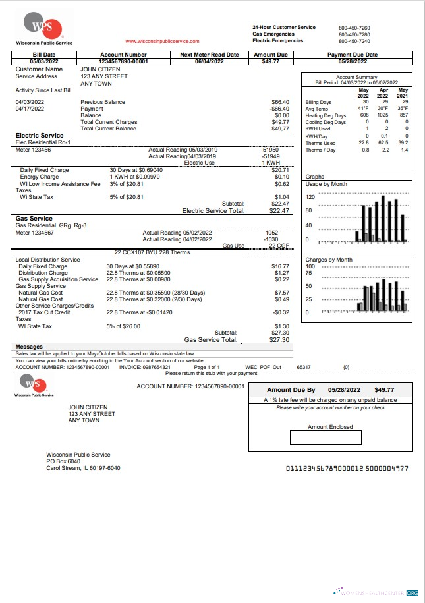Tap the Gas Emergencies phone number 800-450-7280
pyautogui.click(x=354, y=34)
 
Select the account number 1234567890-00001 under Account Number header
pyautogui.click(x=123, y=61)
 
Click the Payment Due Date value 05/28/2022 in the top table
pyautogui.click(x=353, y=61)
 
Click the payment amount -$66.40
pyautogui.click(x=280, y=109)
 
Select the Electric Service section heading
pyautogui.click(x=40, y=136)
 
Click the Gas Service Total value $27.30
pyautogui.click(x=279, y=340)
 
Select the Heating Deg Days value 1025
pyautogui.click(x=382, y=115)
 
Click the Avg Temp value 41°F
pyautogui.click(x=363, y=109)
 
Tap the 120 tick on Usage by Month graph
pyautogui.click(x=310, y=197)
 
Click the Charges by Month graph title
pyautogui.click(x=329, y=260)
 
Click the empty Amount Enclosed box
pyautogui.click(x=326, y=438)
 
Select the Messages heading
pyautogui.click(x=29, y=347)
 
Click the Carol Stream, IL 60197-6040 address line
pyautogui.click(x=83, y=468)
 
